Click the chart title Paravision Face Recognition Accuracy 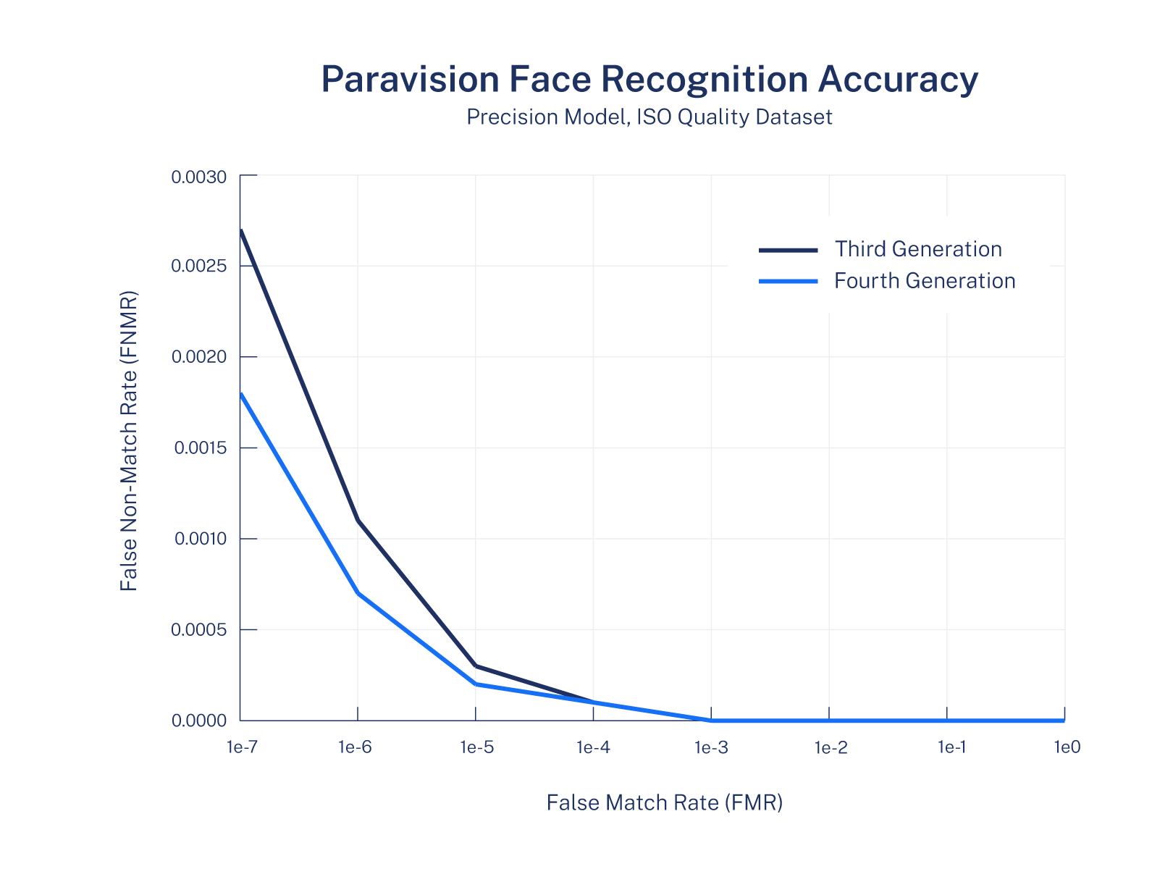[649, 79]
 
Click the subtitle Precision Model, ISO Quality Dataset [649, 117]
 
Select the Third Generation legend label [918, 249]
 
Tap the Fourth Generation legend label [925, 281]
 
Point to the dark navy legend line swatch [788, 250]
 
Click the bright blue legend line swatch [788, 281]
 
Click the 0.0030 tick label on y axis [198, 177]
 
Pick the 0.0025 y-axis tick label [198, 266]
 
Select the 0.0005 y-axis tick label [198, 630]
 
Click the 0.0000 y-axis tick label [198, 721]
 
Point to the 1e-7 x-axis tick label [241, 747]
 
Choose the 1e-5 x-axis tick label [476, 747]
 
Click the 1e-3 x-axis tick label [712, 747]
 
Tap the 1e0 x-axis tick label [1067, 747]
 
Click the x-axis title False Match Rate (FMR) [665, 802]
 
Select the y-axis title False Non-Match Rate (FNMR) [129, 442]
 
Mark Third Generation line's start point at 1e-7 [240, 230]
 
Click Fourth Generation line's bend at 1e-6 [358, 593]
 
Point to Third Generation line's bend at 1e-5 [476, 666]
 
